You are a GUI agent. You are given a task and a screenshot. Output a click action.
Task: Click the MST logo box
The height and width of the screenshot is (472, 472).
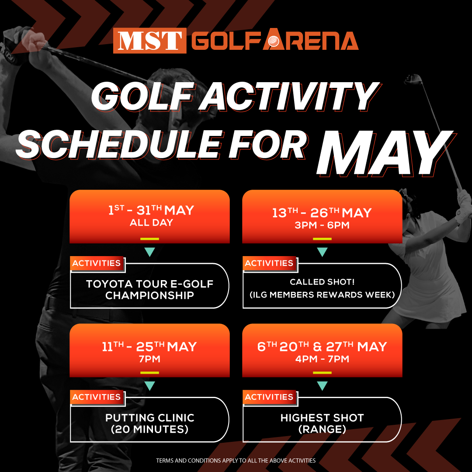coord(149,41)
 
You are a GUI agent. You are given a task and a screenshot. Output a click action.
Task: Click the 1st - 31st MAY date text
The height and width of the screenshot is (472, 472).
coord(151,211)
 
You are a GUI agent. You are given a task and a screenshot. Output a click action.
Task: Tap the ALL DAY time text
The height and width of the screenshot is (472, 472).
coord(151,223)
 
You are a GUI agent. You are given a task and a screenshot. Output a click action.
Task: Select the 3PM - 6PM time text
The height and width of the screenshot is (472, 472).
coord(323,226)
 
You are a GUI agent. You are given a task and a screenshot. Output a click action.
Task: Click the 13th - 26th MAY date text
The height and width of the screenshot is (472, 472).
coord(322,213)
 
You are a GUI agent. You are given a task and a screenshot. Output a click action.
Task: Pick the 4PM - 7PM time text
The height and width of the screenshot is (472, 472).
coord(323,359)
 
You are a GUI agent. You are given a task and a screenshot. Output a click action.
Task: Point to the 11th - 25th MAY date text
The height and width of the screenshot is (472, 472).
coord(149,347)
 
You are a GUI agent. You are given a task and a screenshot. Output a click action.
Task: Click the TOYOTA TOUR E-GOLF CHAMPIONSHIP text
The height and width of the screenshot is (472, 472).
coord(150,290)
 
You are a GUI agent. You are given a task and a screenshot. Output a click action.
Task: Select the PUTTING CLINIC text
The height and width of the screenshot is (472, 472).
coord(150,418)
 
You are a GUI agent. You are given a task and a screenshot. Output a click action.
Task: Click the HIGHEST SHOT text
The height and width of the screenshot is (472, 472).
coord(322,418)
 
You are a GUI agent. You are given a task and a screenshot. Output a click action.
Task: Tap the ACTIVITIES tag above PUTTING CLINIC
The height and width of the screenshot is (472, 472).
coord(97,397)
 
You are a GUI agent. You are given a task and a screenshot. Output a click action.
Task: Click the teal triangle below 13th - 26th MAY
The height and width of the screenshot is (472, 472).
coord(322,252)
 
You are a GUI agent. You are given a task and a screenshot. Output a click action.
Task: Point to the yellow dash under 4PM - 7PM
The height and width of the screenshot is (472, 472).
coord(322,372)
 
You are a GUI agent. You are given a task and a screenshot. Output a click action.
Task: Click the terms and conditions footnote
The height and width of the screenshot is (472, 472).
coord(236,460)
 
